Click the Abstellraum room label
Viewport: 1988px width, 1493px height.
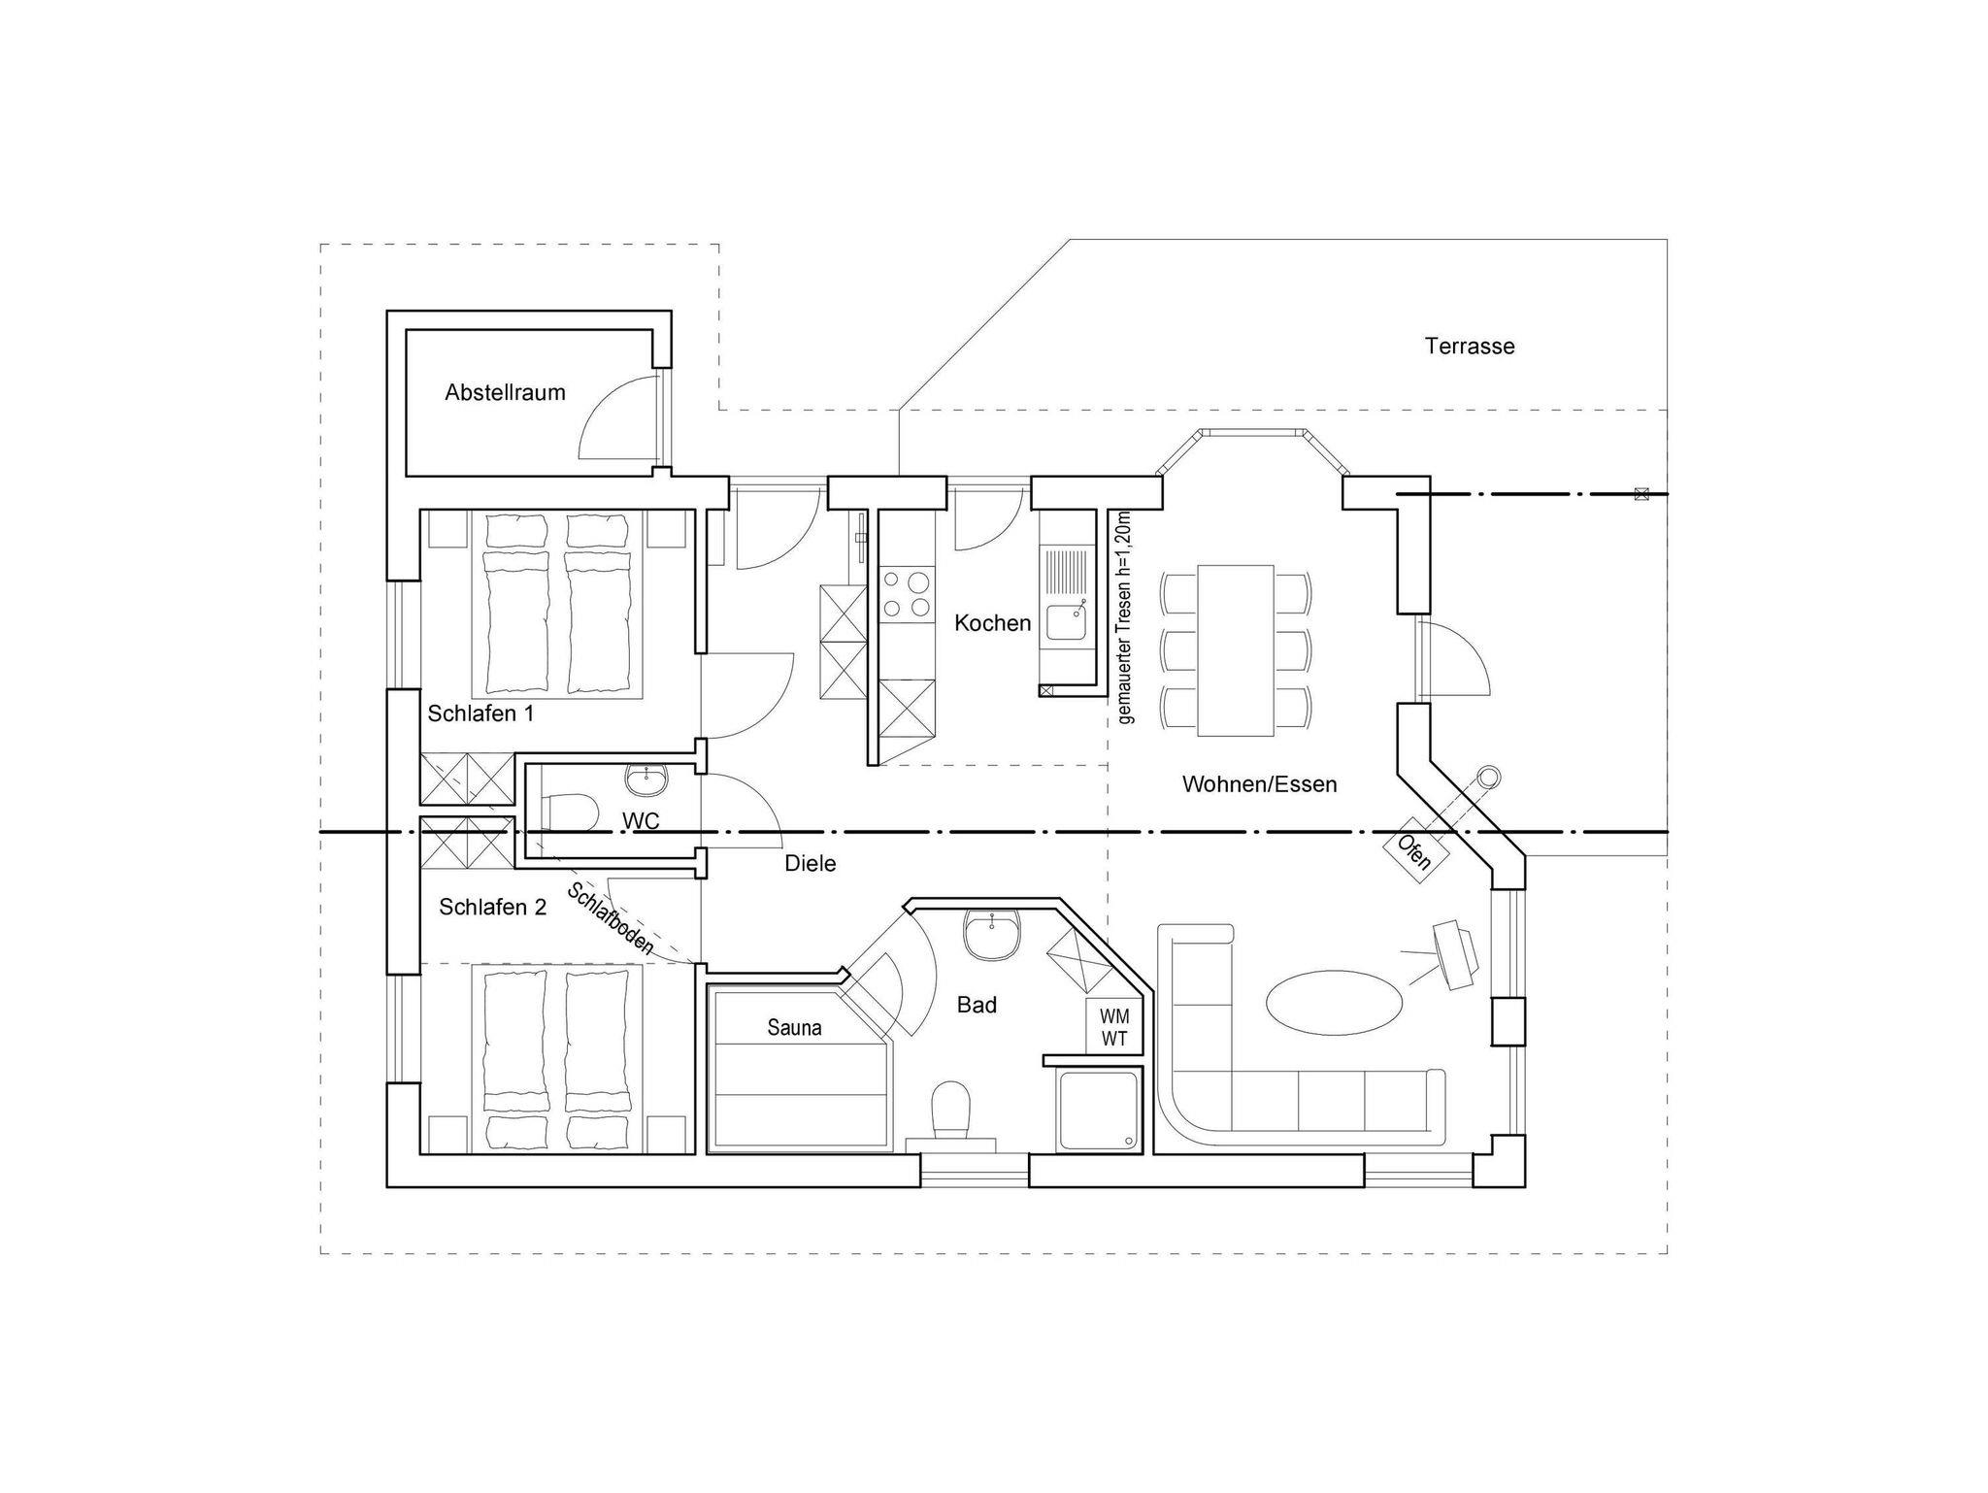click(x=505, y=393)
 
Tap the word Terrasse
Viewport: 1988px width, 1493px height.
click(x=1470, y=347)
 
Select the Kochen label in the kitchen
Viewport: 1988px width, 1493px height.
click(x=992, y=623)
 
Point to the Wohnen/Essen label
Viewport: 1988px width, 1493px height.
click(x=1259, y=784)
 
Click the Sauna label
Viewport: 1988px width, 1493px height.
click(x=794, y=1027)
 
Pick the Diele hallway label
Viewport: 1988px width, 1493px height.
click(x=810, y=863)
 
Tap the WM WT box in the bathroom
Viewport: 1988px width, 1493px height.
click(x=1114, y=1027)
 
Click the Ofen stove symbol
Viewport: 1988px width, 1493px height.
click(x=1413, y=852)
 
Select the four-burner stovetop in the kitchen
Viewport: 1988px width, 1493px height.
click(x=906, y=594)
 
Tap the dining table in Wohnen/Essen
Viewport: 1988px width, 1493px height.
click(x=1236, y=650)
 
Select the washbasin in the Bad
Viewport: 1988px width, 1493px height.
click(x=991, y=935)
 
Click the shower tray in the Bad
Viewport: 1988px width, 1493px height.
click(x=1100, y=1110)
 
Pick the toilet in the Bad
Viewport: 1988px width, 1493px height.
click(x=950, y=1111)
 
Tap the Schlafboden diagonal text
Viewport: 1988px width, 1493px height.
click(x=612, y=918)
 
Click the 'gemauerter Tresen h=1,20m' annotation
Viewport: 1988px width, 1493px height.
click(x=1124, y=618)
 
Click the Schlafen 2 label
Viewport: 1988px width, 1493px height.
click(x=492, y=907)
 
